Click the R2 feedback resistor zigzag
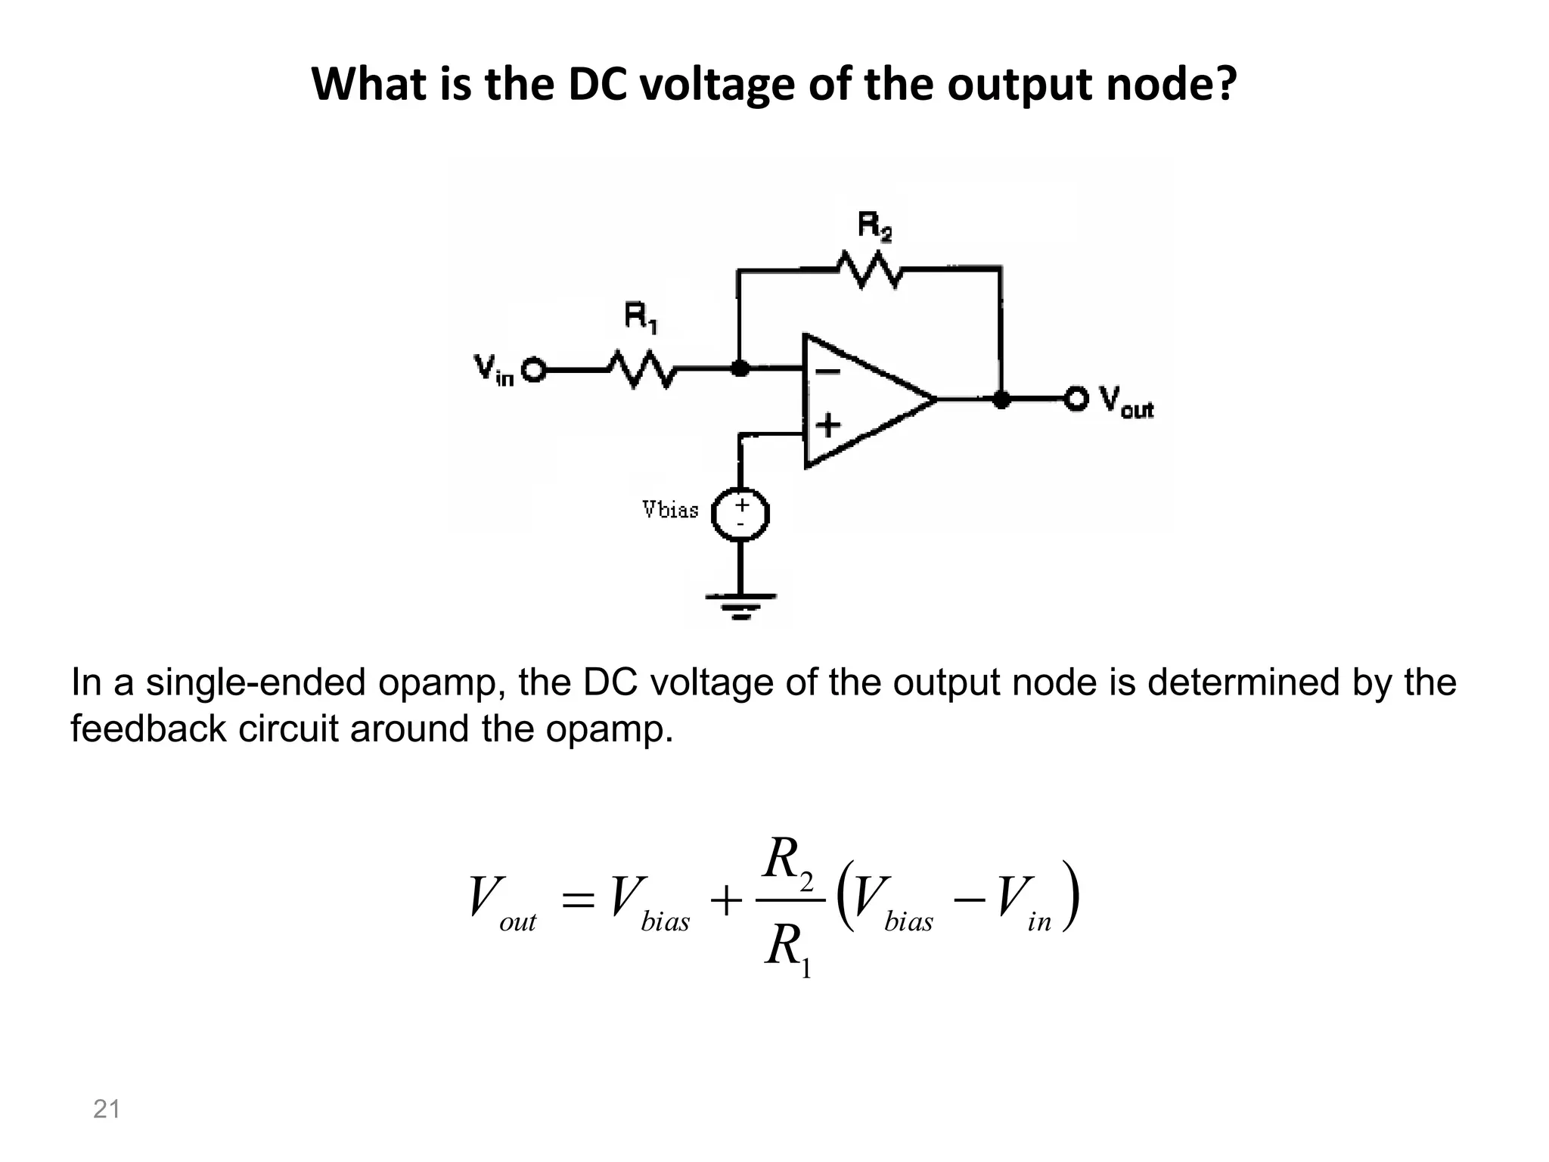[868, 269]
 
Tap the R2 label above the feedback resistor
[874, 227]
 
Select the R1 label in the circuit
[641, 317]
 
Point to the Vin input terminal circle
[534, 371]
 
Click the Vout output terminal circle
[1076, 399]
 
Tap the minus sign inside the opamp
[827, 371]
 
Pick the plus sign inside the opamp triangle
[828, 424]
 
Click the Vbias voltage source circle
[741, 515]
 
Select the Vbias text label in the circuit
[670, 510]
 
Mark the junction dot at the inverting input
[740, 369]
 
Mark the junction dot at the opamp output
[1001, 399]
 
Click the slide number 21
[106, 1109]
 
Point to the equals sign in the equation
[579, 901]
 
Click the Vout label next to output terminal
[1125, 401]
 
